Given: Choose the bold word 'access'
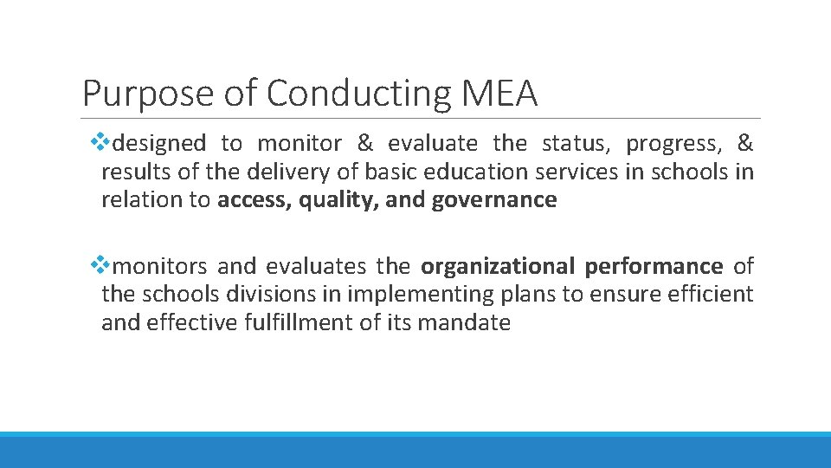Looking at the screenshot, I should click(251, 200).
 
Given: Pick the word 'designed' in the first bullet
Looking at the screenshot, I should click(159, 142).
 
